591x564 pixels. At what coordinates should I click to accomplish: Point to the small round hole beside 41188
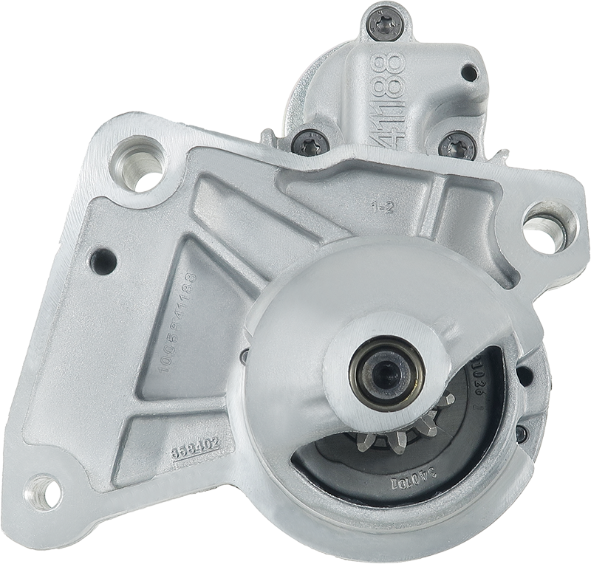pyautogui.click(x=469, y=72)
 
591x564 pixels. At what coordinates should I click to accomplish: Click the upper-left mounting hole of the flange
pyautogui.click(x=138, y=161)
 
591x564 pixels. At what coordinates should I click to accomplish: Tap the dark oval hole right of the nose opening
pyautogui.click(x=525, y=376)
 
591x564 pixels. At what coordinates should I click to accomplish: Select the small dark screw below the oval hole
pyautogui.click(x=522, y=433)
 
